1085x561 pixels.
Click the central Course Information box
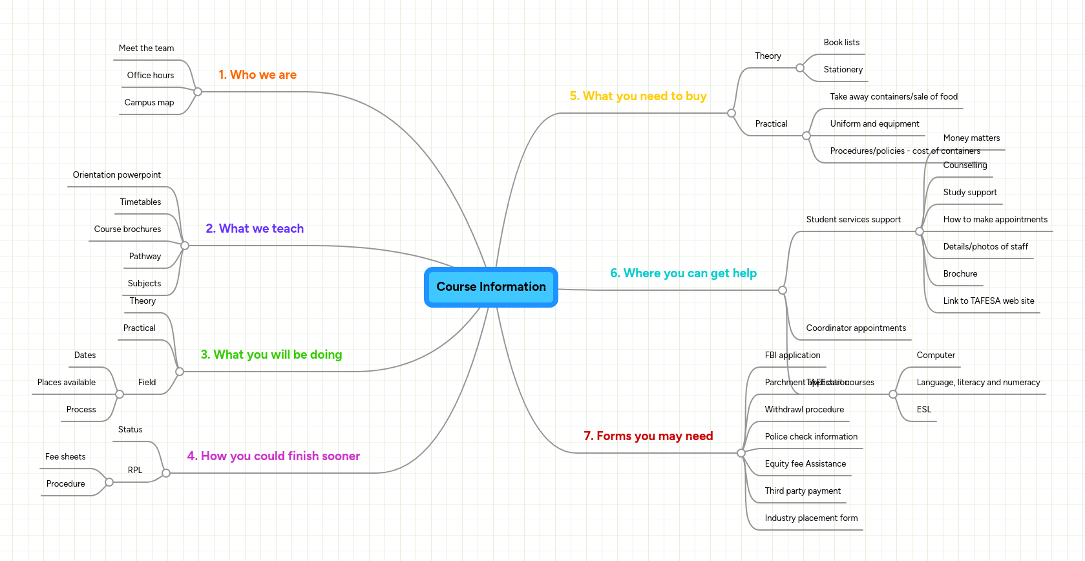(x=491, y=287)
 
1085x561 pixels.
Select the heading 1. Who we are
(x=257, y=75)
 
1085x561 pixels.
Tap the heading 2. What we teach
(x=255, y=229)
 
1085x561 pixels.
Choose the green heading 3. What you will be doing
(x=271, y=355)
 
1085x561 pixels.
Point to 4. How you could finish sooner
(x=273, y=456)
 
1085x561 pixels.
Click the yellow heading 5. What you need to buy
(x=638, y=96)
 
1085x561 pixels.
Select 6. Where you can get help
(x=683, y=273)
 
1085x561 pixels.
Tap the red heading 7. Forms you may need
(x=648, y=436)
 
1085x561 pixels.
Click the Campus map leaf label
(x=149, y=103)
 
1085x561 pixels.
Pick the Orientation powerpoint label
(x=117, y=175)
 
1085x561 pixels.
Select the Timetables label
(x=140, y=202)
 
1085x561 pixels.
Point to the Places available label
(x=67, y=383)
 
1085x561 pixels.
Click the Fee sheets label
(x=65, y=457)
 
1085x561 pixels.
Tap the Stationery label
(x=843, y=70)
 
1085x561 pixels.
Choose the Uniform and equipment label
(x=874, y=124)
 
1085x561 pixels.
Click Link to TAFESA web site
(x=988, y=301)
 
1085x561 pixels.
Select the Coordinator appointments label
(x=856, y=328)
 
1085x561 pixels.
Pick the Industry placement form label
(x=811, y=518)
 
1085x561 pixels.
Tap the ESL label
(x=923, y=410)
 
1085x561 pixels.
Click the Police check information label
(x=811, y=437)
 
